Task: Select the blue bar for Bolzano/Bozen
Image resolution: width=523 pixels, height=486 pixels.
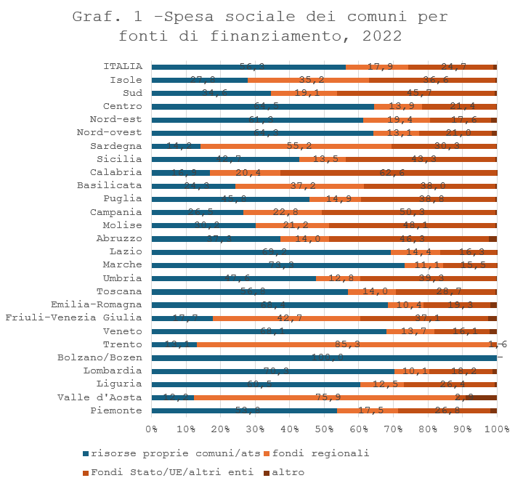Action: [x=324, y=357]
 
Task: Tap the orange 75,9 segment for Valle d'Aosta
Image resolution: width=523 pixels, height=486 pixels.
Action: [x=331, y=397]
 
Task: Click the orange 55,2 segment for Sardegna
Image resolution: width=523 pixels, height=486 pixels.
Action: [x=296, y=146]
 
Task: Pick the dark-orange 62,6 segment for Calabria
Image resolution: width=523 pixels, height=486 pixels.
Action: [x=389, y=172]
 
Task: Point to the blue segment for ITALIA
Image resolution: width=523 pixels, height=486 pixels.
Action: [x=248, y=67]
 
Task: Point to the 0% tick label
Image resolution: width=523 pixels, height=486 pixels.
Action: [x=152, y=431]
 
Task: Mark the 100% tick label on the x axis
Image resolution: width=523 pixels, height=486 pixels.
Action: [x=497, y=431]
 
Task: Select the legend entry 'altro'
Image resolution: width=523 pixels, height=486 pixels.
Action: [x=283, y=472]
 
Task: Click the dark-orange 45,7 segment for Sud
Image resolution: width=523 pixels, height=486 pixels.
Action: [x=416, y=93]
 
